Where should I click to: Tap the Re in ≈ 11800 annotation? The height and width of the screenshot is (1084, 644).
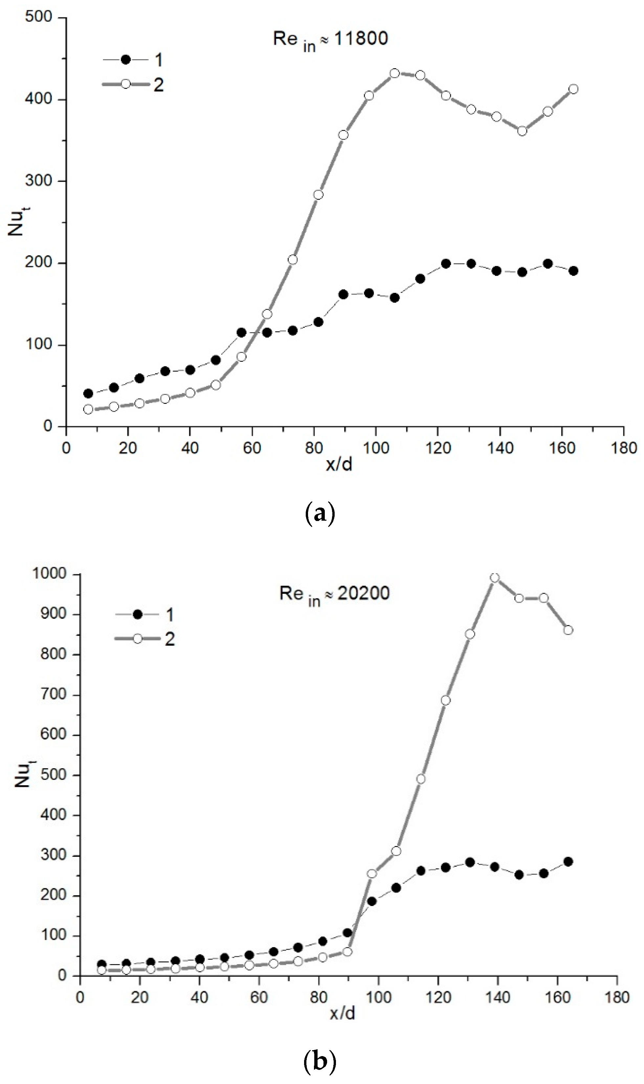[330, 39]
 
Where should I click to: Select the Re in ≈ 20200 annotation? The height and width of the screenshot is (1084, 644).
[334, 594]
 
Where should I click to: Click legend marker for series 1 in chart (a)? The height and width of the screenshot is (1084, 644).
[125, 60]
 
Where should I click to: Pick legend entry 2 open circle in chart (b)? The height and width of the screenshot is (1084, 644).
[138, 639]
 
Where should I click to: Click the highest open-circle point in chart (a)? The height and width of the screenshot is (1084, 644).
[394, 73]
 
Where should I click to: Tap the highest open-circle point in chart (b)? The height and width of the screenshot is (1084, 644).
[495, 577]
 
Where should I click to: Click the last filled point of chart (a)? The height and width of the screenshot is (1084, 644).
[573, 271]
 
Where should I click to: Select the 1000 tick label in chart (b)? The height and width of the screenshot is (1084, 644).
[48, 574]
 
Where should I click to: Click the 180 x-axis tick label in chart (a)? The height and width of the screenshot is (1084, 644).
[624, 448]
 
